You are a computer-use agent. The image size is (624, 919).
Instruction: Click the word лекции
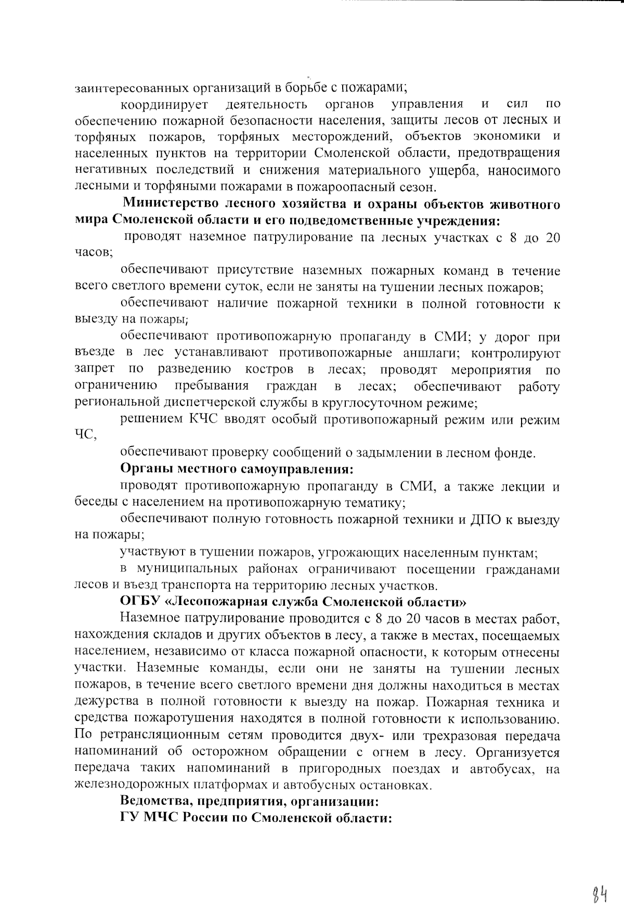[518, 487]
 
